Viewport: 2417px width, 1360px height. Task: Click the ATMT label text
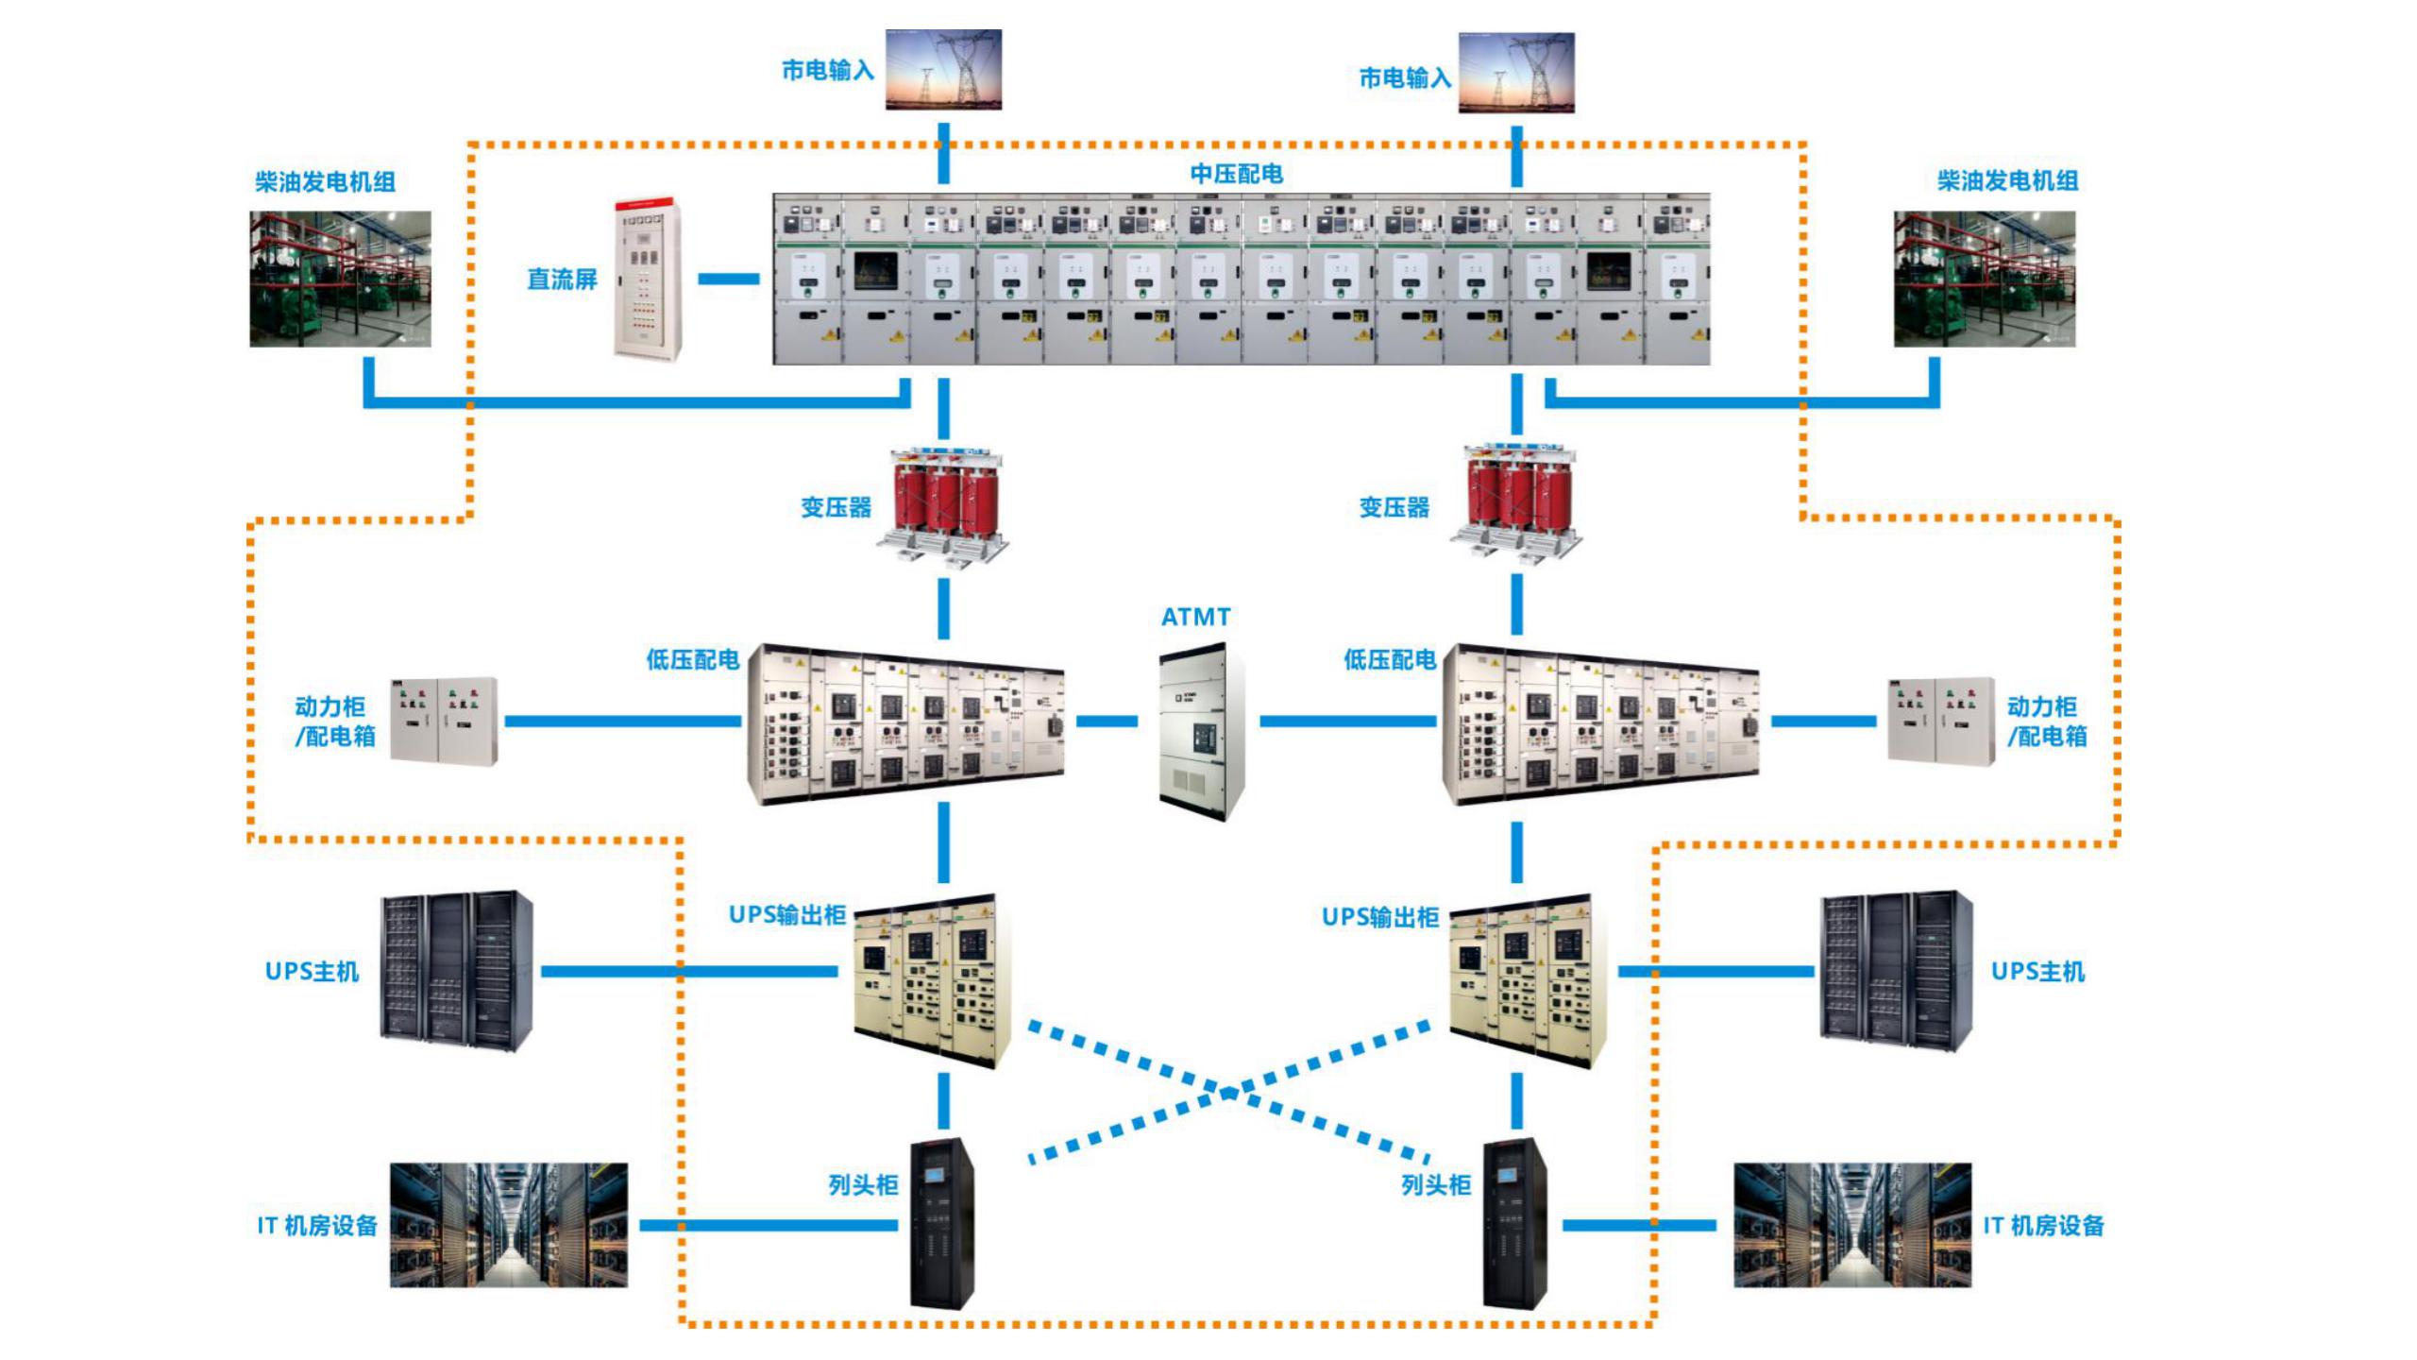coord(1195,617)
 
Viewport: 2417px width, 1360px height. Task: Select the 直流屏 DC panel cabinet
coord(648,279)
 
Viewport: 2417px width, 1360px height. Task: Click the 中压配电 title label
coord(1236,174)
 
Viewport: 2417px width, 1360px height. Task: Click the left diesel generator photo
coord(340,279)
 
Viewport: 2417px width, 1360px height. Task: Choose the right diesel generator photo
coord(1984,279)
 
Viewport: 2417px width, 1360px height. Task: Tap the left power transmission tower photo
coord(943,69)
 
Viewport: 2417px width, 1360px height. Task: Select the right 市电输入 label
coord(1404,78)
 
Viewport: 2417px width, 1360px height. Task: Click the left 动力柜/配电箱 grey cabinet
coord(444,720)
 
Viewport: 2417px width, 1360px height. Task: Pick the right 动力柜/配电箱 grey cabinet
coord(1940,720)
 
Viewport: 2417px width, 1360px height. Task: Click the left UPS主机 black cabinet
coord(457,970)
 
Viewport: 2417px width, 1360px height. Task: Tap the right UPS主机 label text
coord(2037,972)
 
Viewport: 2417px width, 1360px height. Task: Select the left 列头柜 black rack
coord(941,1224)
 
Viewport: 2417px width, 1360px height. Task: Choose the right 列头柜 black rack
coord(1513,1224)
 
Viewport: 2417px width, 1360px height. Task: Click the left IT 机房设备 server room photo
coord(509,1225)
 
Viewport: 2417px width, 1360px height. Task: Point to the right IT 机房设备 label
coord(2043,1226)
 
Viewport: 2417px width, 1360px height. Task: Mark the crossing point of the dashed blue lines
coord(1228,1094)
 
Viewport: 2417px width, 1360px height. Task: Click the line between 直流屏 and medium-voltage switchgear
coord(728,279)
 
